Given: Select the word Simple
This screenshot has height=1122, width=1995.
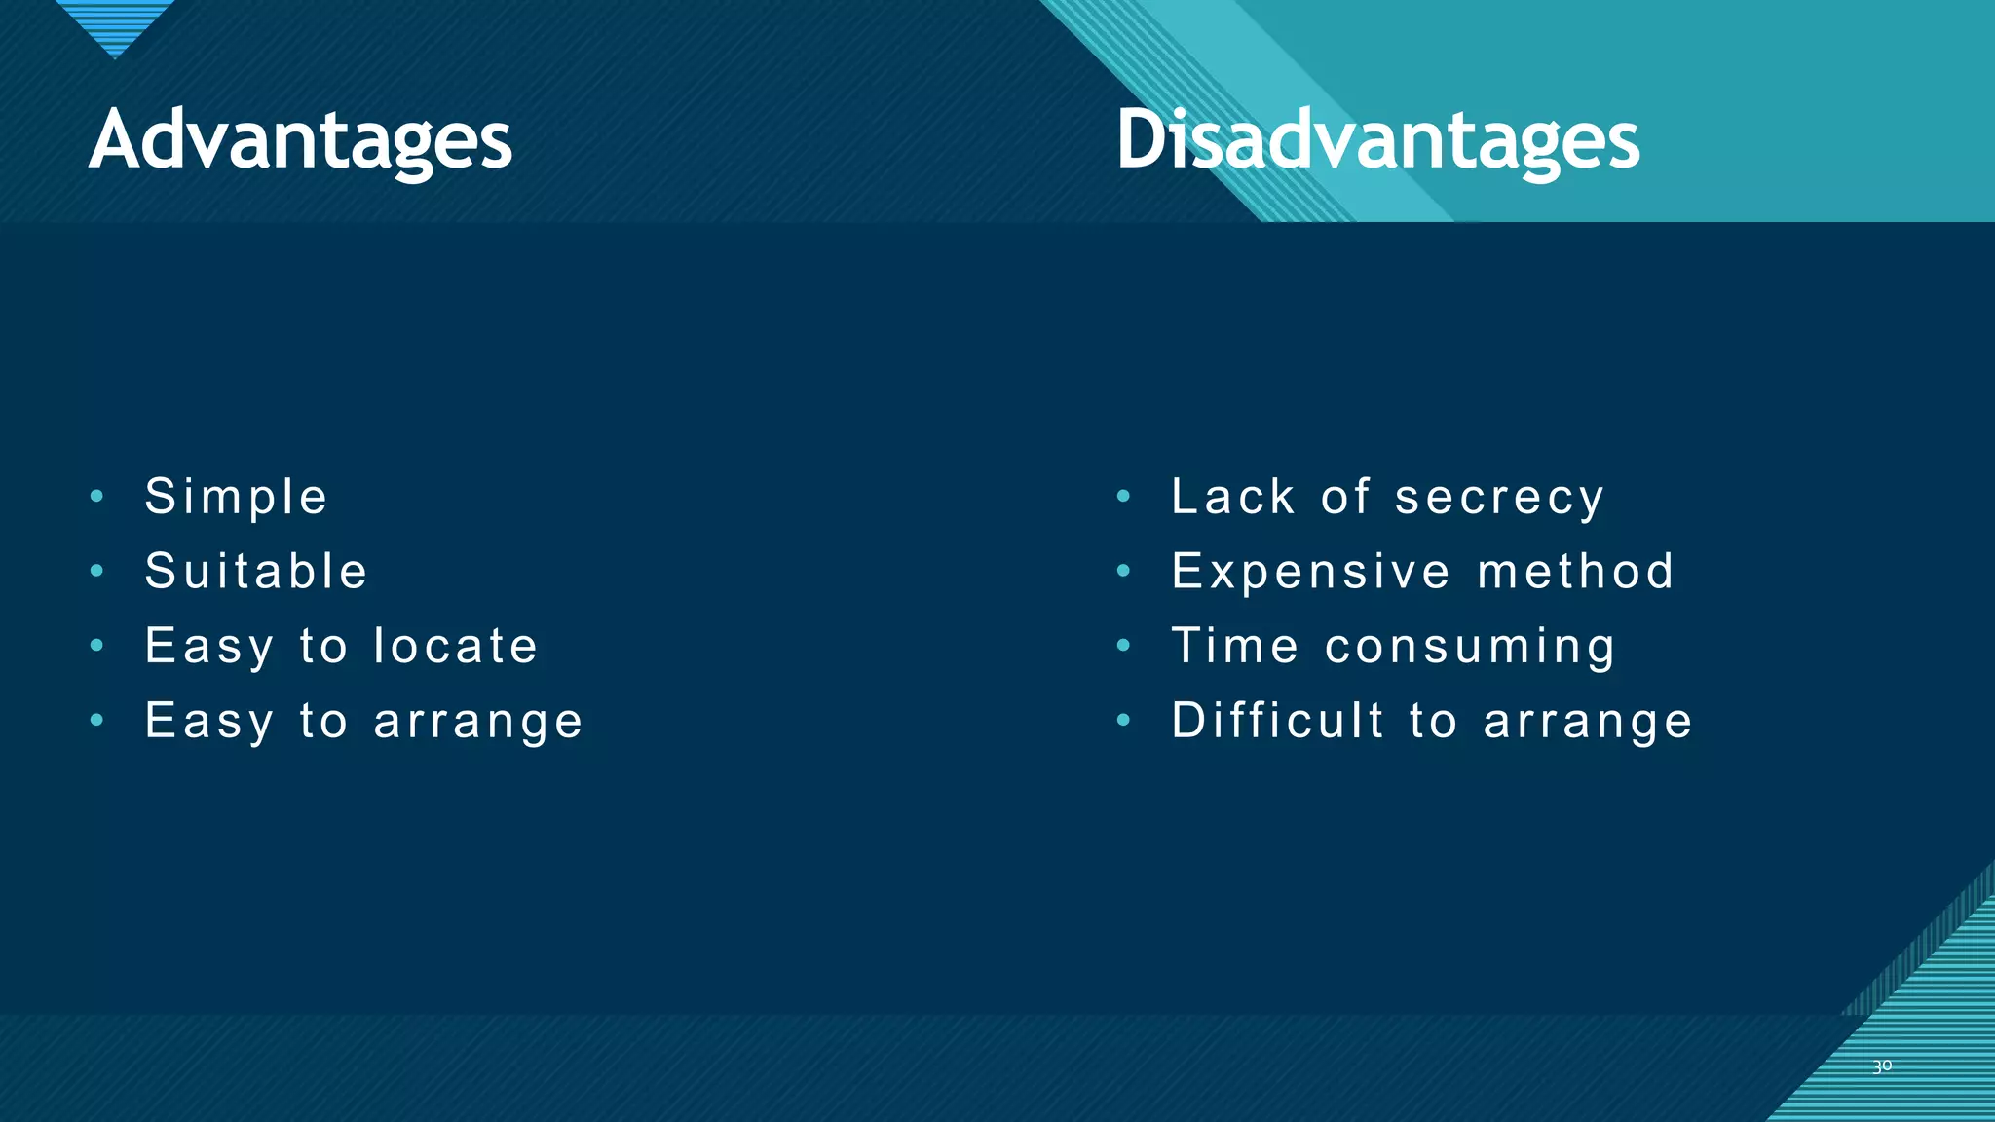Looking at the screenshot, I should (x=237, y=498).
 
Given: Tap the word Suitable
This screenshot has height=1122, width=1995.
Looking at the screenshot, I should (x=256, y=572).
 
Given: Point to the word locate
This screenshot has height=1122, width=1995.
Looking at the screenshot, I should (x=456, y=647).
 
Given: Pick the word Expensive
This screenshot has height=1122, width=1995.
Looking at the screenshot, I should (x=1311, y=573).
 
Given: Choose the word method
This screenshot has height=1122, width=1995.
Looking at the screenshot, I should (x=1575, y=572).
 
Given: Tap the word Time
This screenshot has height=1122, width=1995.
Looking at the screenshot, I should (x=1235, y=647).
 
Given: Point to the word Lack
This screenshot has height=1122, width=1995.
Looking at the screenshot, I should (x=1233, y=498).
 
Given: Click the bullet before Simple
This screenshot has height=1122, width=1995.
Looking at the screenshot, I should (x=96, y=497).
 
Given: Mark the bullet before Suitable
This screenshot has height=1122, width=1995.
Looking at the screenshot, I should (x=96, y=571).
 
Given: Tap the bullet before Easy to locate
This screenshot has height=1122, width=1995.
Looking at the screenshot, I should (x=96, y=646).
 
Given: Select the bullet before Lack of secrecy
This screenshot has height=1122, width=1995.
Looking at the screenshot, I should (x=1123, y=497).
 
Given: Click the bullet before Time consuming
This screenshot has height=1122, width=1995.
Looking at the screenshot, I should (x=1123, y=646).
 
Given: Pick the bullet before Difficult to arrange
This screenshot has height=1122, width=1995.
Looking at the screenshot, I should (x=1123, y=721).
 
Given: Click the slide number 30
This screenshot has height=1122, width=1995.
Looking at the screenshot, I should (x=1882, y=1066).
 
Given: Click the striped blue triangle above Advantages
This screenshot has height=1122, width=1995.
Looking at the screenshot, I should (x=115, y=24).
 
